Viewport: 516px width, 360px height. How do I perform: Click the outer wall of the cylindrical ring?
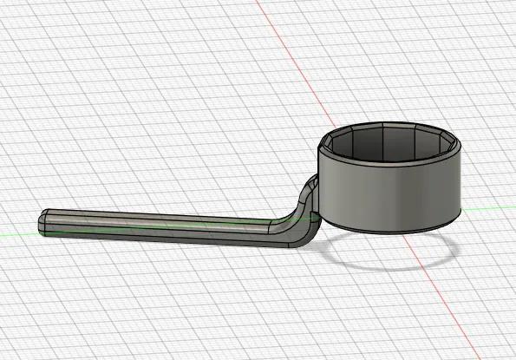tap(390, 191)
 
